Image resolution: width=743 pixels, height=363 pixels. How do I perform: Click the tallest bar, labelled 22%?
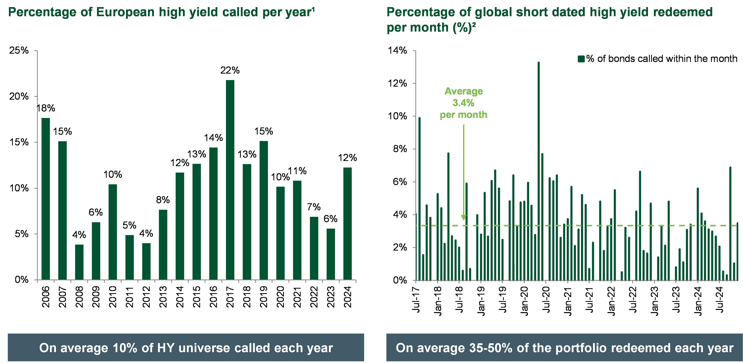point(230,179)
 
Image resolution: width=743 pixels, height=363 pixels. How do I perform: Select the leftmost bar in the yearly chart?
point(46,199)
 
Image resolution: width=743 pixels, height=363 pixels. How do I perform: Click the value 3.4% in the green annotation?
point(463,103)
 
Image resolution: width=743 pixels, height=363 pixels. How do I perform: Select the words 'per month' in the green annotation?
point(463,115)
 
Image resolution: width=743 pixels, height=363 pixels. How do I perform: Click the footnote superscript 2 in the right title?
point(474,25)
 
